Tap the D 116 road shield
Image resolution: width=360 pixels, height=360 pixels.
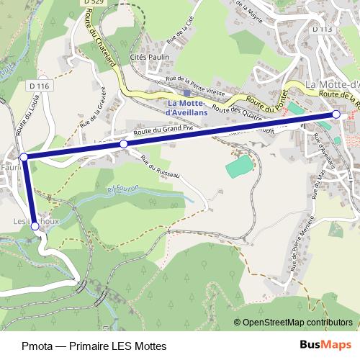pyautogui.click(x=40, y=86)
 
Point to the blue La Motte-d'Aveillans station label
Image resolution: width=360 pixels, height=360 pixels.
pyautogui.click(x=186, y=107)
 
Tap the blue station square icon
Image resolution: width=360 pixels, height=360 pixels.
pyautogui.click(x=186, y=92)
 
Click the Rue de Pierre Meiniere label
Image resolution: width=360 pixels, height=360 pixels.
pyautogui.click(x=294, y=259)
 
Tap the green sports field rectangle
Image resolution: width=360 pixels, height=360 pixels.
pyautogui.click(x=240, y=168)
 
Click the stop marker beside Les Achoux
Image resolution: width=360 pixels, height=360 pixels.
pyautogui.click(x=35, y=226)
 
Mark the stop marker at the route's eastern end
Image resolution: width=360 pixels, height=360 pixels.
pyautogui.click(x=336, y=114)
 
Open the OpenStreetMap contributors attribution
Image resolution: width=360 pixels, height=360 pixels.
pyautogui.click(x=296, y=322)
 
